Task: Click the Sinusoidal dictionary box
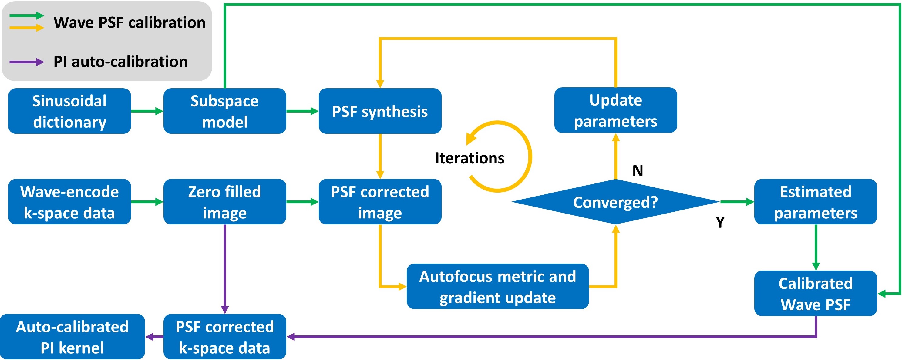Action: coord(69,111)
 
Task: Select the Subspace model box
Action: coord(224,111)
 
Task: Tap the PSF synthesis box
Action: coord(380,111)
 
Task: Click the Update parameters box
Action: coord(616,110)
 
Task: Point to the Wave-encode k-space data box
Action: coord(69,202)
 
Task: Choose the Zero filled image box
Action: coord(224,202)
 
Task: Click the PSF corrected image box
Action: coord(380,202)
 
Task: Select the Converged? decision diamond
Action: coord(616,202)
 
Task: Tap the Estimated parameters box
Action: coord(816,202)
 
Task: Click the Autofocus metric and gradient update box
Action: coord(498,287)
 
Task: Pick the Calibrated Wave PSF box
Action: coord(816,294)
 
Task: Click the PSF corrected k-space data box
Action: coord(224,337)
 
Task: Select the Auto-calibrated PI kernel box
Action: coord(72,337)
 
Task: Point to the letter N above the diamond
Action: coord(638,171)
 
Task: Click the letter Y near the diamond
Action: coord(720,222)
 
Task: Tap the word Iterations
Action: coord(470,158)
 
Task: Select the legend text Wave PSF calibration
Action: coord(129,23)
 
